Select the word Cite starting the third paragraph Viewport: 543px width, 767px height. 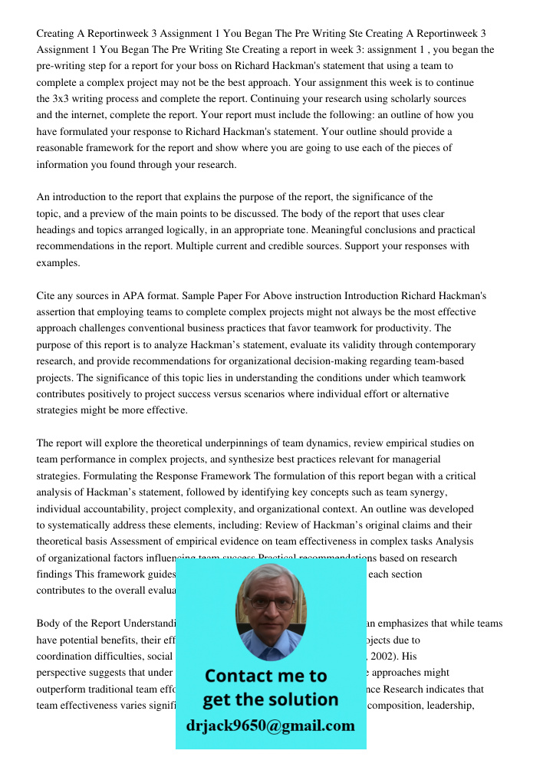click(47, 295)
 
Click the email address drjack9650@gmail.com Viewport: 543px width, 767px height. click(271, 726)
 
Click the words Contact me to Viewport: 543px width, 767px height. click(266, 676)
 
